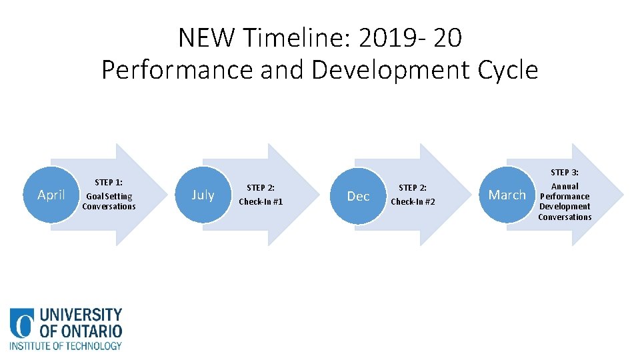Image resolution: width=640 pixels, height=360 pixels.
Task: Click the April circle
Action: [51, 195]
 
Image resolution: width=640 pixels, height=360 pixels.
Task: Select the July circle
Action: [203, 195]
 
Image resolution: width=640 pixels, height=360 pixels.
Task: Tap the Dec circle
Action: [358, 196]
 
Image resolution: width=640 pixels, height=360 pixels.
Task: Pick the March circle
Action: [507, 195]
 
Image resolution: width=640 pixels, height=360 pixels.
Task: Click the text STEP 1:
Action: [108, 182]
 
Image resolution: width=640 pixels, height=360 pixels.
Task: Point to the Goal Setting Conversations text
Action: [108, 201]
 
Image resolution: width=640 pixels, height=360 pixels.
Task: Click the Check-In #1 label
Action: [261, 201]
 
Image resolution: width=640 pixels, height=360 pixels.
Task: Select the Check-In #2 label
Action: [413, 201]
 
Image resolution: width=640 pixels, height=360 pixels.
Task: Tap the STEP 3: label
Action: [564, 172]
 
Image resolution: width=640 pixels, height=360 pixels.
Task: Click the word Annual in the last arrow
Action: [565, 186]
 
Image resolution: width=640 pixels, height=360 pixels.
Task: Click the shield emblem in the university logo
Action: [22, 323]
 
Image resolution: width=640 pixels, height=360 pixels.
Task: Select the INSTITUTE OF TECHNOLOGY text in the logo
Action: [65, 345]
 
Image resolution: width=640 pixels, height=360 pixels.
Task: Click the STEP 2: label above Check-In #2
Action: [413, 188]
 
